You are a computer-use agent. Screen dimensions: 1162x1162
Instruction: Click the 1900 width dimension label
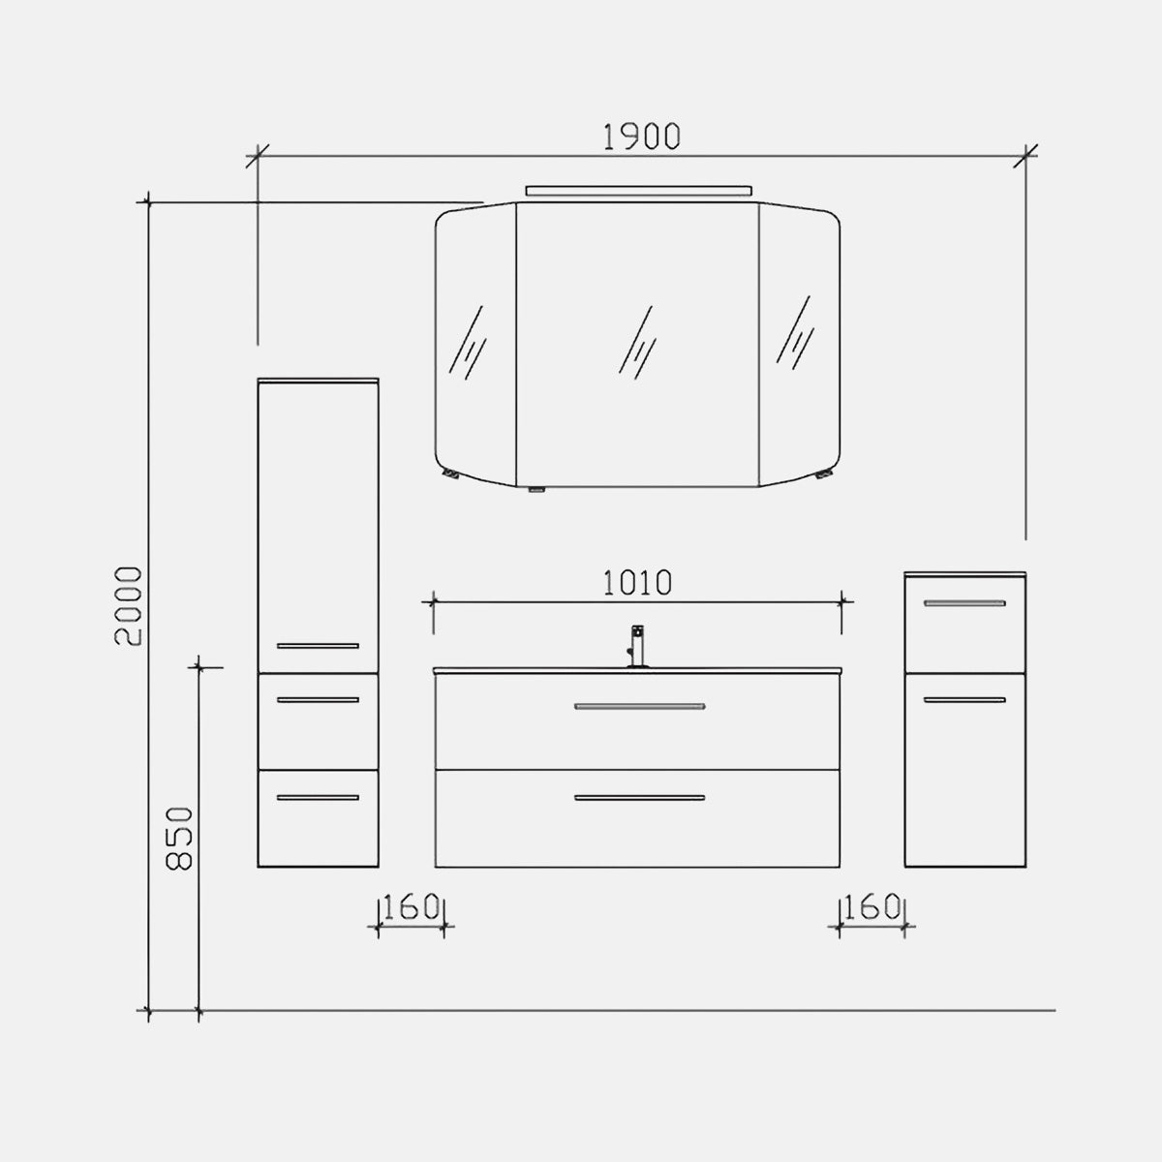pyautogui.click(x=642, y=137)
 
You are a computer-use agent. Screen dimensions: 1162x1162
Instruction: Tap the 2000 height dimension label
pyautogui.click(x=129, y=606)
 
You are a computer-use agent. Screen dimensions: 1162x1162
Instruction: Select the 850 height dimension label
pyautogui.click(x=179, y=839)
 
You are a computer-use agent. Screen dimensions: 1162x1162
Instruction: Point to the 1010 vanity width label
pyautogui.click(x=637, y=583)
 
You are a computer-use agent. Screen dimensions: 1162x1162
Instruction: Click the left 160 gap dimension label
pyautogui.click(x=411, y=906)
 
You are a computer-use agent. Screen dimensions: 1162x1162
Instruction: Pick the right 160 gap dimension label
pyautogui.click(x=871, y=906)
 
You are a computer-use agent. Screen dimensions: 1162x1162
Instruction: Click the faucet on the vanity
pyautogui.click(x=637, y=646)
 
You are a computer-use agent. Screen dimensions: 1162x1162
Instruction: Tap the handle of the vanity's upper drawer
pyautogui.click(x=640, y=706)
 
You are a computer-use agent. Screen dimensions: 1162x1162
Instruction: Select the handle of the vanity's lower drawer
pyautogui.click(x=640, y=798)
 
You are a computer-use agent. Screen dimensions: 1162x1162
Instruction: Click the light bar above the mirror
pyautogui.click(x=638, y=191)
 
